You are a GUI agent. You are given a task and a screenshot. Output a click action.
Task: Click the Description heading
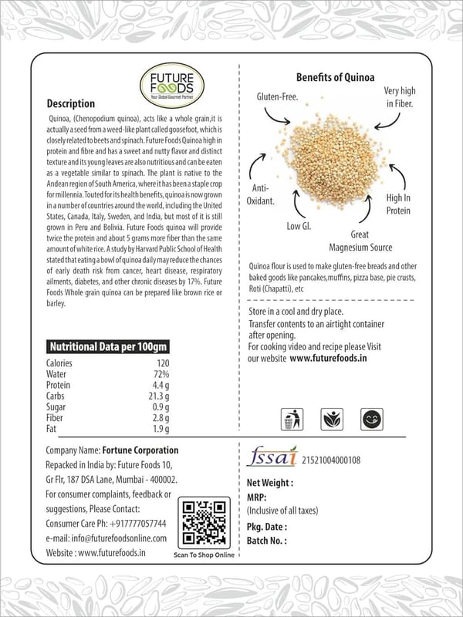pos(71,104)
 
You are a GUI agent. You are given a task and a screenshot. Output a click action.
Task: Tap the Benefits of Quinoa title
pos(336,78)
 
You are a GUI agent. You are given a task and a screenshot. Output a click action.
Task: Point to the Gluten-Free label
pos(278,97)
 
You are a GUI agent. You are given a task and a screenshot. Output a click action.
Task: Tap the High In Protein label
pos(398,204)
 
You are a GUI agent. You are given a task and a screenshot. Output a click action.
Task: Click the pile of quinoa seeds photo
pos(336,163)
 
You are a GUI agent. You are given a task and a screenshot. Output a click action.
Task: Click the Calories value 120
pos(163,363)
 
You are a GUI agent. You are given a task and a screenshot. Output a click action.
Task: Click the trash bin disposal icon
pos(291,420)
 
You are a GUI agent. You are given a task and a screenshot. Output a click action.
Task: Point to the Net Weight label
pos(269,483)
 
